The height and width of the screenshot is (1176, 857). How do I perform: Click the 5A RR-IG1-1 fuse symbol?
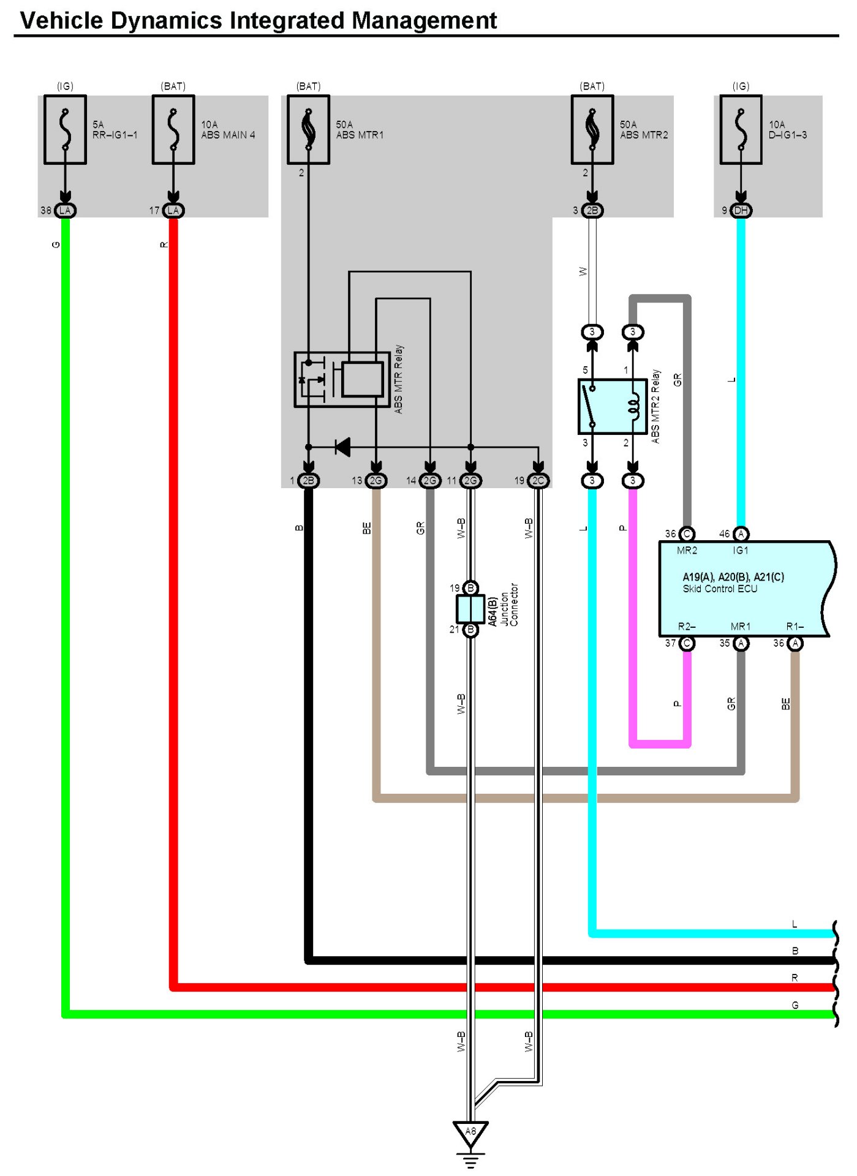click(x=65, y=130)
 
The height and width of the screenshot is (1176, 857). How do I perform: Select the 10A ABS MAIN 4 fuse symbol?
click(x=173, y=130)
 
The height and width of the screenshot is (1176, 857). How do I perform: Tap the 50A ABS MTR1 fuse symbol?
click(x=309, y=130)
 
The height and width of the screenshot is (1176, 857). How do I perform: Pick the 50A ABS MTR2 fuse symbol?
click(x=592, y=130)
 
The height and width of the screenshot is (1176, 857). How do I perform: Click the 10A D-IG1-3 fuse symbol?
click(x=741, y=130)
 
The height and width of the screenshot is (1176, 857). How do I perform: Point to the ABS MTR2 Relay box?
click(x=613, y=407)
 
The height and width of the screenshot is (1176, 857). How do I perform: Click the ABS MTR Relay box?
click(x=342, y=380)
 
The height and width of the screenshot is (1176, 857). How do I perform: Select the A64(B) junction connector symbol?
click(x=470, y=609)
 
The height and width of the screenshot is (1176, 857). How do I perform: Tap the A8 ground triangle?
click(x=470, y=1133)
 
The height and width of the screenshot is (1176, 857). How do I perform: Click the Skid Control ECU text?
click(x=720, y=589)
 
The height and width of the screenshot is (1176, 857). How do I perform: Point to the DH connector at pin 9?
click(x=741, y=211)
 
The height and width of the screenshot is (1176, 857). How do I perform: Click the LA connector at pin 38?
click(x=65, y=211)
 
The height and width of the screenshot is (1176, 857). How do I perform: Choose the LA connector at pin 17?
click(x=173, y=211)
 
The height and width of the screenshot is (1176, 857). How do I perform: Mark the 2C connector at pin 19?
click(x=538, y=481)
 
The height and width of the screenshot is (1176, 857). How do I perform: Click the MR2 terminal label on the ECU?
click(x=687, y=551)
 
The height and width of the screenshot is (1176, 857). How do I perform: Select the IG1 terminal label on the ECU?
click(x=740, y=551)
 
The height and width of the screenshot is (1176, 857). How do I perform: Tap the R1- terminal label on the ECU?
click(x=795, y=627)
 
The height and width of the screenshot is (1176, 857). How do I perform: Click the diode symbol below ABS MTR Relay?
click(x=343, y=447)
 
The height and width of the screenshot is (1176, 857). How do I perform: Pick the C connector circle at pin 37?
click(x=687, y=643)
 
